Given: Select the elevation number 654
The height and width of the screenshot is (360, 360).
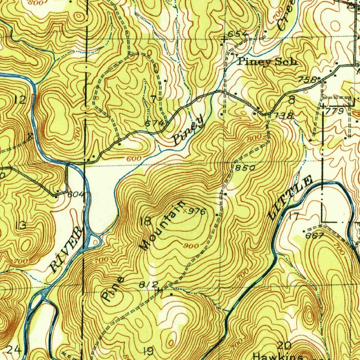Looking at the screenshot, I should tap(238, 34).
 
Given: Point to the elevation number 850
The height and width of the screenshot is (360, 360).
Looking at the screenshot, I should tap(245, 168).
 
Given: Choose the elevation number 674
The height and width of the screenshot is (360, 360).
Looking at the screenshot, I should tap(154, 123).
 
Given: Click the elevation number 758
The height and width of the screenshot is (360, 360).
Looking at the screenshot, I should tap(307, 80).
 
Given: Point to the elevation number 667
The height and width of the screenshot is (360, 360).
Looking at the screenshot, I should tap(314, 236).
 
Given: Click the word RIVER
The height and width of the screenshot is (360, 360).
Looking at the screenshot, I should tap(66, 250).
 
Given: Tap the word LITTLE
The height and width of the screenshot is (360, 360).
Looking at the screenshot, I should tap(290, 199).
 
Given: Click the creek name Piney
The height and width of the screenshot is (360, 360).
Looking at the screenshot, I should tap(188, 130).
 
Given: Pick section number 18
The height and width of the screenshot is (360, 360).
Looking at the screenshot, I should tap(146, 221).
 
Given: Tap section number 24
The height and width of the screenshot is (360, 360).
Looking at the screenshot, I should tap(14, 350).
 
